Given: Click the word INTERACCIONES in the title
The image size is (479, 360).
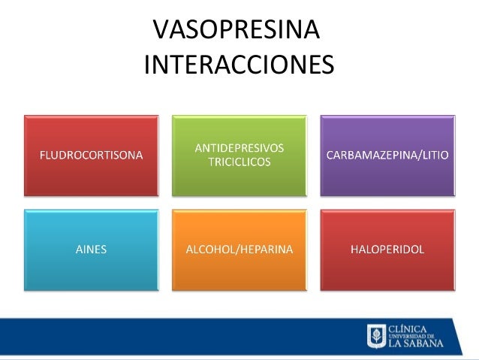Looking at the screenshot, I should click(239, 65).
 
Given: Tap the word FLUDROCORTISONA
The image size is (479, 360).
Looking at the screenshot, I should click(91, 156).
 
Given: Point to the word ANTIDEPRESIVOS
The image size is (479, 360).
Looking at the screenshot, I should click(239, 148).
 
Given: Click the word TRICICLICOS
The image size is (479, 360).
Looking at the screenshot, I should click(239, 162).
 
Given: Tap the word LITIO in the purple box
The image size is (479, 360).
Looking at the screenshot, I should click(435, 156).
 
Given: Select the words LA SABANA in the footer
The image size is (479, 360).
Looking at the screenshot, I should click(415, 343).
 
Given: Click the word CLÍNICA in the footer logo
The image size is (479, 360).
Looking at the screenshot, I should click(408, 328).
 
